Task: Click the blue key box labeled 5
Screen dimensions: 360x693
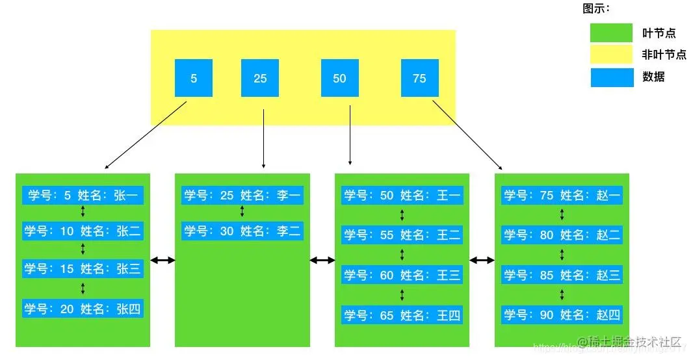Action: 194,78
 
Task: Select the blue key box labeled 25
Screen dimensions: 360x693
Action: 260,78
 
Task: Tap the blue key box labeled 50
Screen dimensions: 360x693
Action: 339,78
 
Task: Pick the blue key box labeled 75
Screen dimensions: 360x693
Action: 419,78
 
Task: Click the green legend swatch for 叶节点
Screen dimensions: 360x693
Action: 611,33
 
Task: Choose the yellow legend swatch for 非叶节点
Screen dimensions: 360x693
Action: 611,55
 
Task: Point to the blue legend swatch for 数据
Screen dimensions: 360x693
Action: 611,77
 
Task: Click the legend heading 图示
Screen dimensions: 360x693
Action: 596,9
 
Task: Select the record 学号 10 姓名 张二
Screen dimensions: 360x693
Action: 83,231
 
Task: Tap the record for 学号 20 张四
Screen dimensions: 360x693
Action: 83,309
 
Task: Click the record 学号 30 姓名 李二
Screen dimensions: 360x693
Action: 242,231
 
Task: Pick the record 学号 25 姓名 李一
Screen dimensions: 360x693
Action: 242,195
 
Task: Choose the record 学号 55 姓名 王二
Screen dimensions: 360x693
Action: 402,235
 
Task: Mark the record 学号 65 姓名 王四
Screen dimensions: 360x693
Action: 402,316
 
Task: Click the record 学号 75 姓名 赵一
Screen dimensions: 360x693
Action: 562,195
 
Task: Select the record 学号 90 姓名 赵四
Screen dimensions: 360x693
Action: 562,316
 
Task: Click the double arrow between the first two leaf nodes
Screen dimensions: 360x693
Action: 163,260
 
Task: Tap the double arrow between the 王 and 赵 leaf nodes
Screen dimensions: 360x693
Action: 482,260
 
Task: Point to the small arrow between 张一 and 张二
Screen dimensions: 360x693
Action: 83,212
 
